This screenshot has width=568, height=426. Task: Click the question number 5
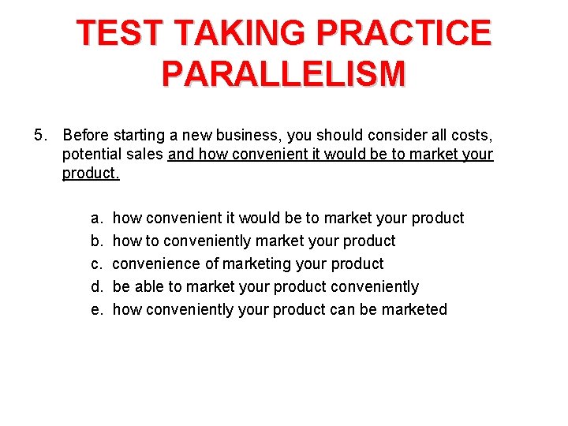pyautogui.click(x=40, y=135)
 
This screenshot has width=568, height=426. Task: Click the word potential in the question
pyautogui.click(x=90, y=154)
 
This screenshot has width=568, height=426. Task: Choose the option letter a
pyautogui.click(x=95, y=218)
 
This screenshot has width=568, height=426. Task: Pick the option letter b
pyautogui.click(x=95, y=241)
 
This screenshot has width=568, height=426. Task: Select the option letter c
pyautogui.click(x=95, y=263)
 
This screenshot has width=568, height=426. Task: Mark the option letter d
pyautogui.click(x=95, y=286)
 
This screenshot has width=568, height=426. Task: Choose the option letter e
pyautogui.click(x=95, y=309)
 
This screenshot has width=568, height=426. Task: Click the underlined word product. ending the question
pyautogui.click(x=91, y=173)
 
